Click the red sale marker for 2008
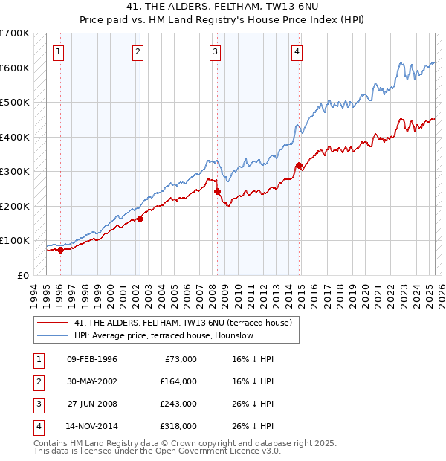click(x=218, y=191)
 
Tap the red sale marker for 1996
click(x=60, y=250)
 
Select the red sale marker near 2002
click(x=140, y=219)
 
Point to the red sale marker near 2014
click(x=299, y=165)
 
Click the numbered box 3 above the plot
click(x=215, y=52)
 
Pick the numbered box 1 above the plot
click(x=58, y=52)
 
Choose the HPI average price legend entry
click(x=164, y=335)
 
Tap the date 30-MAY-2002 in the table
click(x=91, y=381)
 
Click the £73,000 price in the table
click(x=181, y=359)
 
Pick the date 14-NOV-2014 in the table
click(x=91, y=426)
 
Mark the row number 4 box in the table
click(x=37, y=426)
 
